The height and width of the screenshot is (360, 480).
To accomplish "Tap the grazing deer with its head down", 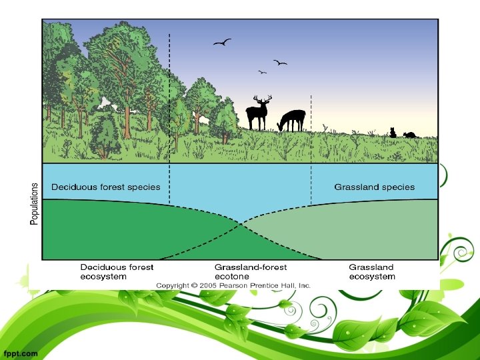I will [292, 121].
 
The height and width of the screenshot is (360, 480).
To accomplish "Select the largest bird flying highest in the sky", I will [222, 43].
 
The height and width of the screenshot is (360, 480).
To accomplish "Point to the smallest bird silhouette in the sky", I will [263, 72].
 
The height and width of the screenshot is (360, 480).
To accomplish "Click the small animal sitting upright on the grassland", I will [393, 133].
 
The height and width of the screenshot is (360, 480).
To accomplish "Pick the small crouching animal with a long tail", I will [409, 135].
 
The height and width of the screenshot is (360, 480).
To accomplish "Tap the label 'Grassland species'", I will [374, 187].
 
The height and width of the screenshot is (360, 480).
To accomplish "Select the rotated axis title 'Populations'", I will [35, 203].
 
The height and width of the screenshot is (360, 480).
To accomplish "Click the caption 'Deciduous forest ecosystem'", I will [117, 271].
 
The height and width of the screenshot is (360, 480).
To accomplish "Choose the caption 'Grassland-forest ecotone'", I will [251, 271].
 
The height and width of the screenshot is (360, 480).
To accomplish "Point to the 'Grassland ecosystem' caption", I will [372, 271].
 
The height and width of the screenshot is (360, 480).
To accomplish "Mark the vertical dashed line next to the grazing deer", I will [311, 150].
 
